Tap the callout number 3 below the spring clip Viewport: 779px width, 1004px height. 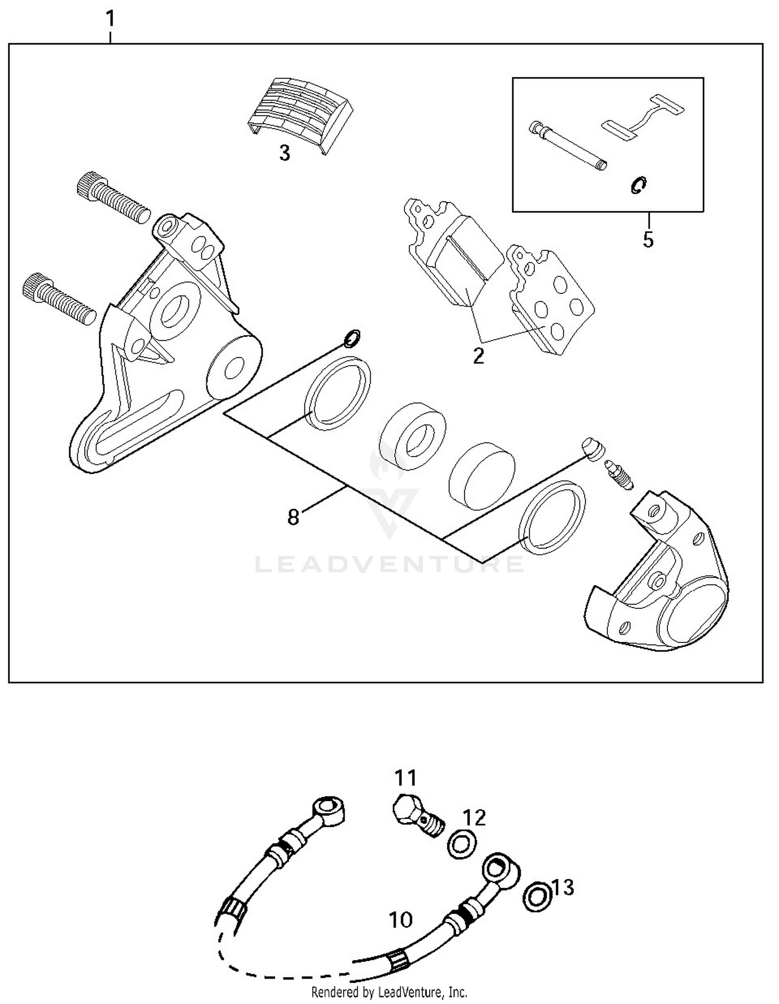coord(285,153)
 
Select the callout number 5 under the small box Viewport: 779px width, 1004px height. coord(648,239)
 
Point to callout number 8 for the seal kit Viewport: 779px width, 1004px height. coord(293,517)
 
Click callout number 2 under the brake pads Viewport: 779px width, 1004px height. coord(478,356)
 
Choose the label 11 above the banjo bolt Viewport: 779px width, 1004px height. coord(406,778)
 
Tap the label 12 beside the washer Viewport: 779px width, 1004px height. coord(474,818)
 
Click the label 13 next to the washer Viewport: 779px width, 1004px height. coord(563,888)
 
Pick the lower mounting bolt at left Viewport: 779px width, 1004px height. coord(59,299)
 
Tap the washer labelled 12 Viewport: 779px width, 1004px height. coord(461,845)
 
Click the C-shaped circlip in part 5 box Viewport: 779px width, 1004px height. coord(638,185)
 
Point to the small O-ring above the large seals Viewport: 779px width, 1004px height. coord(352,338)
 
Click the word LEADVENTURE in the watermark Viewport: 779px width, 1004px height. coord(389,565)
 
